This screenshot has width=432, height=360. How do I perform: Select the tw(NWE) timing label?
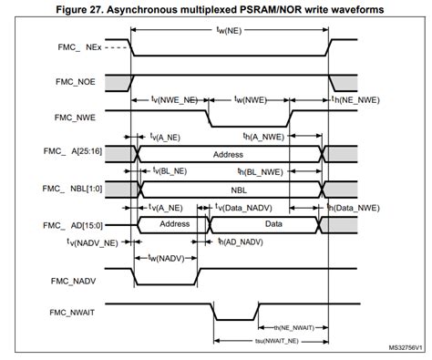250,98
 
